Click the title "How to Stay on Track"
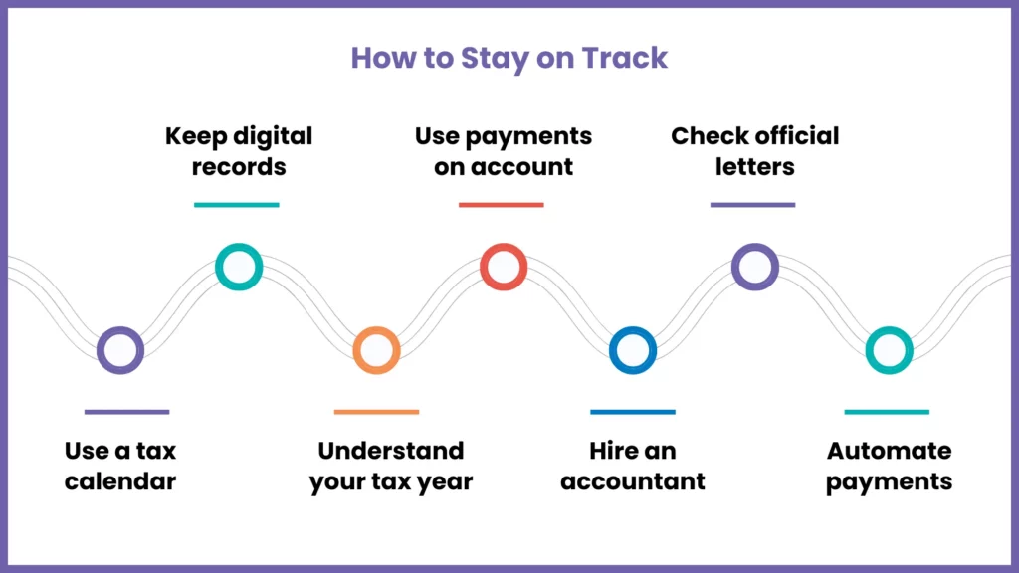[509, 58]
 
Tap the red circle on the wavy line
[503, 268]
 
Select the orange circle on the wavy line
[376, 350]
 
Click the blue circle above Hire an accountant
[632, 350]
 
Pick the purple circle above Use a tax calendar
[120, 350]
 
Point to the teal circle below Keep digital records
[239, 268]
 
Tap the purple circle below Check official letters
[754, 268]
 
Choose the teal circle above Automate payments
[888, 350]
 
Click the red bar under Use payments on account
[501, 205]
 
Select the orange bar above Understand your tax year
[376, 411]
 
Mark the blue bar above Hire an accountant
[632, 411]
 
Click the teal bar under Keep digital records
[237, 205]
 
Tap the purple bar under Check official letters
[752, 205]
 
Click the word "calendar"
[120, 482]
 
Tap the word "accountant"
[632, 482]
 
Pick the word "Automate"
[889, 451]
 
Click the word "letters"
[754, 166]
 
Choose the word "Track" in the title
[625, 58]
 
